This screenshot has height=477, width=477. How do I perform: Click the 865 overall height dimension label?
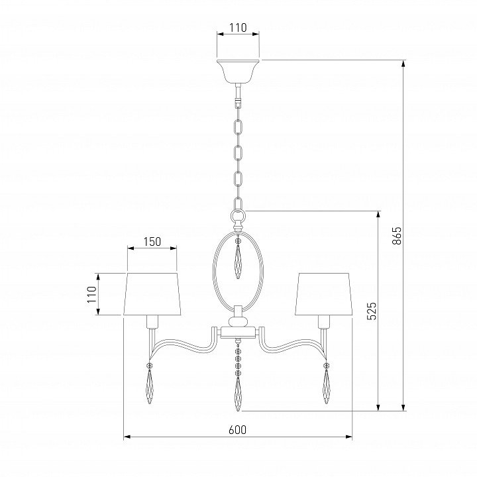(x=397, y=235)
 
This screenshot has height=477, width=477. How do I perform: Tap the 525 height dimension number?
(x=372, y=311)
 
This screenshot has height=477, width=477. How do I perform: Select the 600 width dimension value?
(x=238, y=430)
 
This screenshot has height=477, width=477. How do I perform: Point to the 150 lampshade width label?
(x=152, y=242)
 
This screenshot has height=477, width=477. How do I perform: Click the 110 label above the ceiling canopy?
(x=238, y=28)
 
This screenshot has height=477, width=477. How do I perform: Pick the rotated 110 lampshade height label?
(x=91, y=294)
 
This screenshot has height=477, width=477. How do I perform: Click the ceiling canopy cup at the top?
(x=238, y=71)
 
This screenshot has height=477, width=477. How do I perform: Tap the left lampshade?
(x=152, y=294)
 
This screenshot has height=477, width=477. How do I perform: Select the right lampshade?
(x=324, y=294)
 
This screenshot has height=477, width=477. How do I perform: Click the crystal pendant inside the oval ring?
(x=238, y=261)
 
